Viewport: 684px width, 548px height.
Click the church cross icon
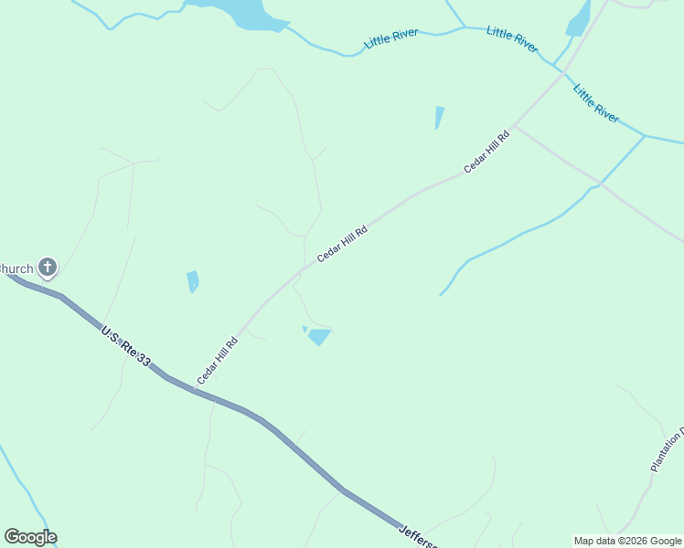click(48, 268)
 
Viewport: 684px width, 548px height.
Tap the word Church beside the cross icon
click(16, 269)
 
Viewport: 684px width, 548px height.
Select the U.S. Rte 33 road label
click(125, 346)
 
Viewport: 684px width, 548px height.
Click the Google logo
click(30, 537)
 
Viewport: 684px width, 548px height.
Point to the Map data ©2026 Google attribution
click(627, 541)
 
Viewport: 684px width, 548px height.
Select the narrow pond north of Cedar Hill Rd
click(440, 117)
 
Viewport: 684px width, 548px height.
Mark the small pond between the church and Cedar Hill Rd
click(193, 280)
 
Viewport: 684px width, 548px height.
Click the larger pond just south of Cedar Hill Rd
click(319, 337)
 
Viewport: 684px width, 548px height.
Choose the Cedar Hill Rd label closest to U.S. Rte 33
click(217, 361)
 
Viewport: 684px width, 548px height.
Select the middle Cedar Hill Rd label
click(342, 245)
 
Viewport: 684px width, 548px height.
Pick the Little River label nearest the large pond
click(391, 38)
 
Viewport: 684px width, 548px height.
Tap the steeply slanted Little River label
click(595, 102)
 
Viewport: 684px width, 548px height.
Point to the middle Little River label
click(512, 39)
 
